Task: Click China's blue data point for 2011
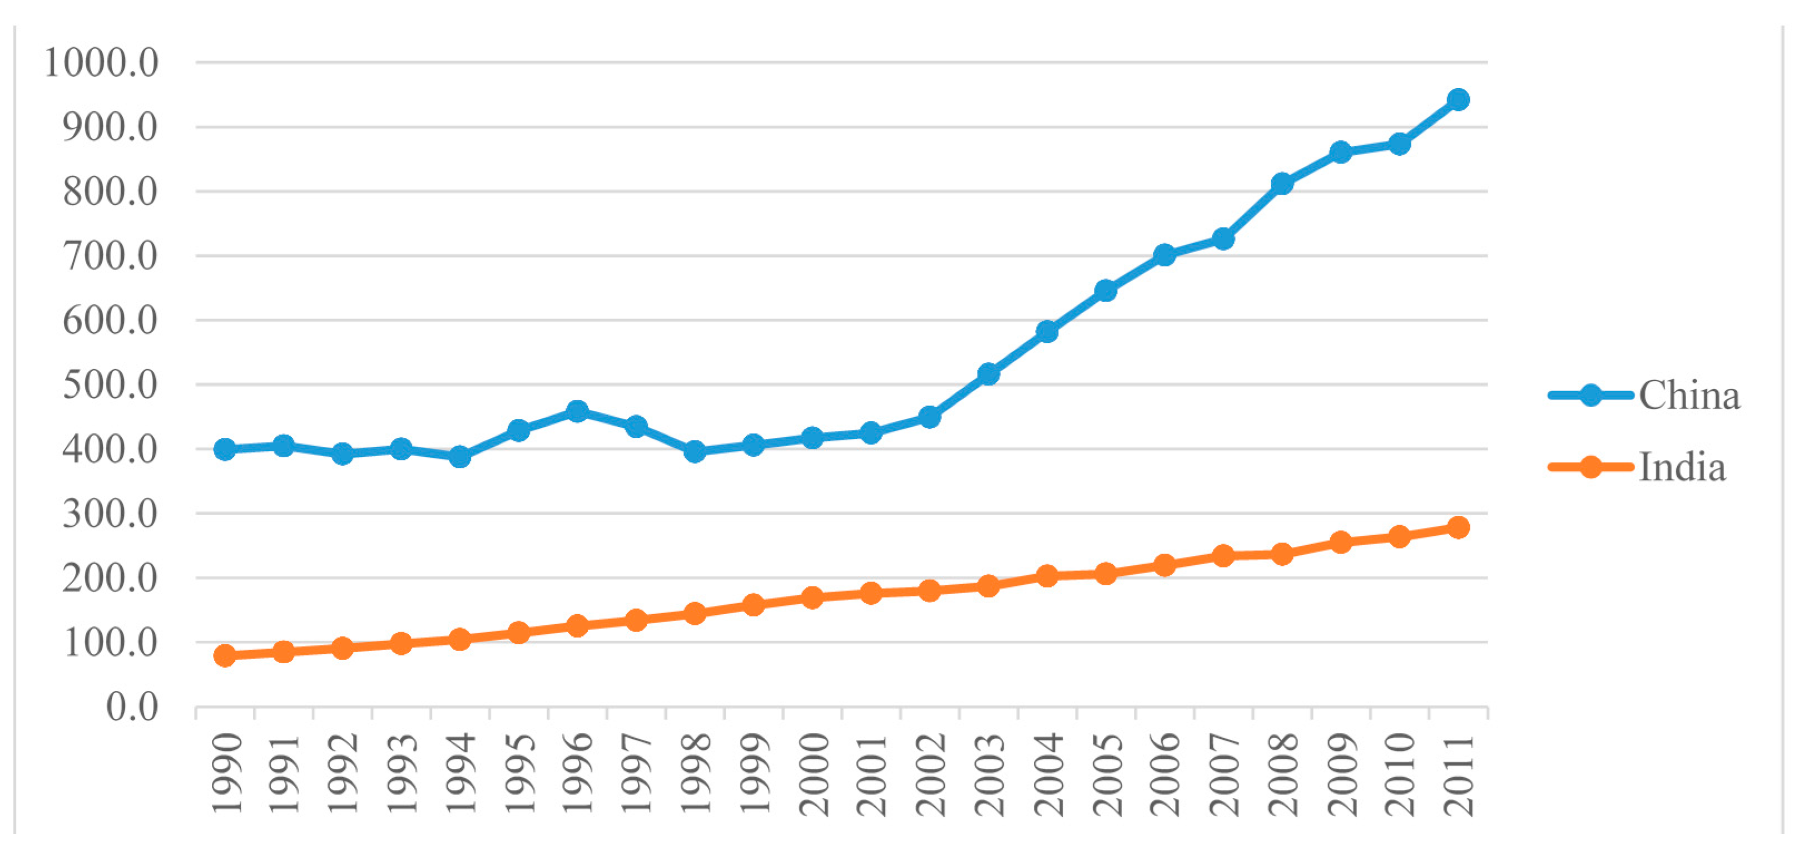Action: (1458, 100)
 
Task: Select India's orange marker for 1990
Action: (225, 655)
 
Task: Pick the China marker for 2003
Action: (988, 374)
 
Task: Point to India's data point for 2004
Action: (1047, 576)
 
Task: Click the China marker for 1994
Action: (459, 457)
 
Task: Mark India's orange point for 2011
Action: (1458, 527)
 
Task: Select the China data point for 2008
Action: (1281, 184)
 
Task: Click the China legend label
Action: (1689, 396)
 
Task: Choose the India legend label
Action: (1682, 467)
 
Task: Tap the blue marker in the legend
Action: (1591, 396)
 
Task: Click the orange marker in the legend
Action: (1591, 467)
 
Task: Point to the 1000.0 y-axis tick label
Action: (102, 63)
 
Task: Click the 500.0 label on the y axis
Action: (110, 385)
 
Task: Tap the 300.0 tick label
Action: (110, 514)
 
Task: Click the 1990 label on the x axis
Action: (227, 773)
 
